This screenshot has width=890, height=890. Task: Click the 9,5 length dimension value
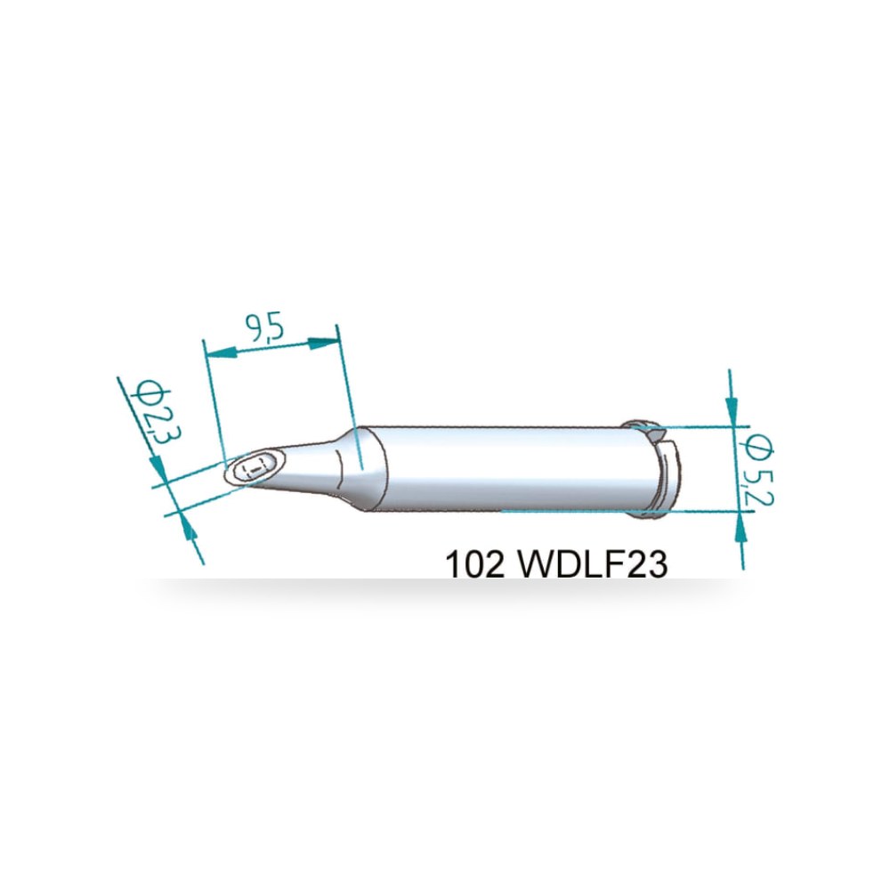pyautogui.click(x=264, y=329)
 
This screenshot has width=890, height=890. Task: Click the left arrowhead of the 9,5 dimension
pyautogui.click(x=220, y=352)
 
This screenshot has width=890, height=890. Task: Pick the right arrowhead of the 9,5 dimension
pyautogui.click(x=324, y=343)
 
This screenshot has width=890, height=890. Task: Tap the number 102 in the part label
pyautogui.click(x=474, y=565)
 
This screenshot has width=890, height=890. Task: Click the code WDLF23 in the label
pyautogui.click(x=593, y=565)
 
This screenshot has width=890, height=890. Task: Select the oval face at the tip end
pyautogui.click(x=254, y=468)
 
